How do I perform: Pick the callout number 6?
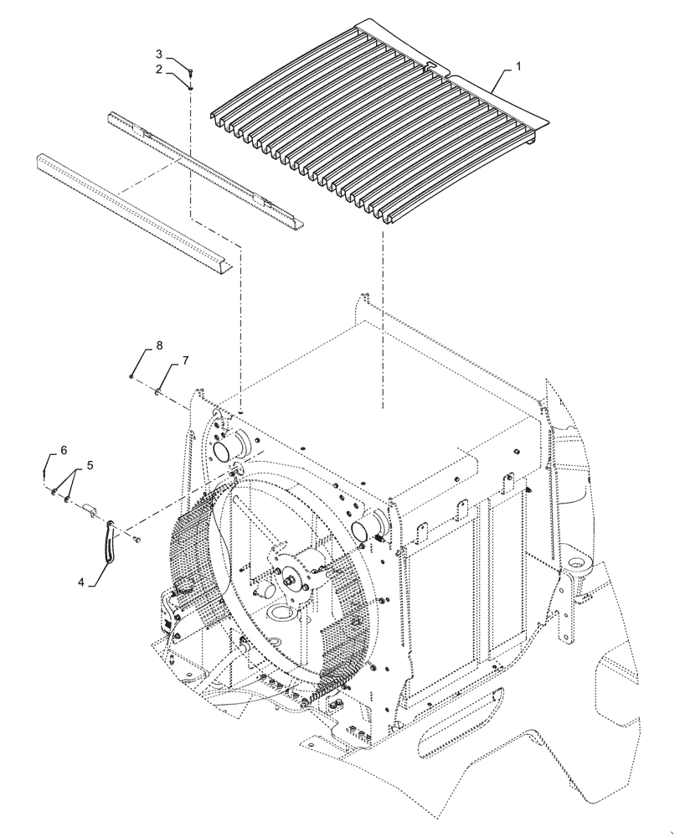pyautogui.click(x=64, y=450)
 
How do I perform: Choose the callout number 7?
pyautogui.click(x=185, y=360)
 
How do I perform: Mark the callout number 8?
pyautogui.click(x=159, y=346)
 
